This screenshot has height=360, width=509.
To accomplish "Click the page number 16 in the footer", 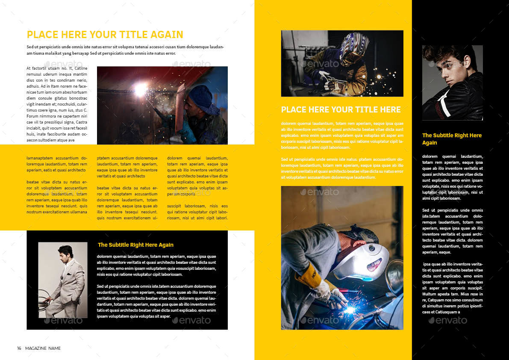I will click(x=19, y=348).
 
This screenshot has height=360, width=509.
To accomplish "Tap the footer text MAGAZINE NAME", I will click(x=43, y=348).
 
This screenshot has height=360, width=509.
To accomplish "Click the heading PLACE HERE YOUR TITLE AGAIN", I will click(x=105, y=35).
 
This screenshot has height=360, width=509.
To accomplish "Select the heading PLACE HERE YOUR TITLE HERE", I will click(x=341, y=109).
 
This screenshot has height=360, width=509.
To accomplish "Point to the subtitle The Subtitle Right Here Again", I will click(x=135, y=245).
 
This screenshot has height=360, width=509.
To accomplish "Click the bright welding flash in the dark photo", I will click(x=140, y=89).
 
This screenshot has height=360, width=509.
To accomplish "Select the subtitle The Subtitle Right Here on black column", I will click(x=452, y=139).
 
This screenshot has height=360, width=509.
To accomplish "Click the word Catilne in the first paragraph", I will click(x=81, y=68).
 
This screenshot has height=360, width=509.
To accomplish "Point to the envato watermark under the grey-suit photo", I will click(x=63, y=321).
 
